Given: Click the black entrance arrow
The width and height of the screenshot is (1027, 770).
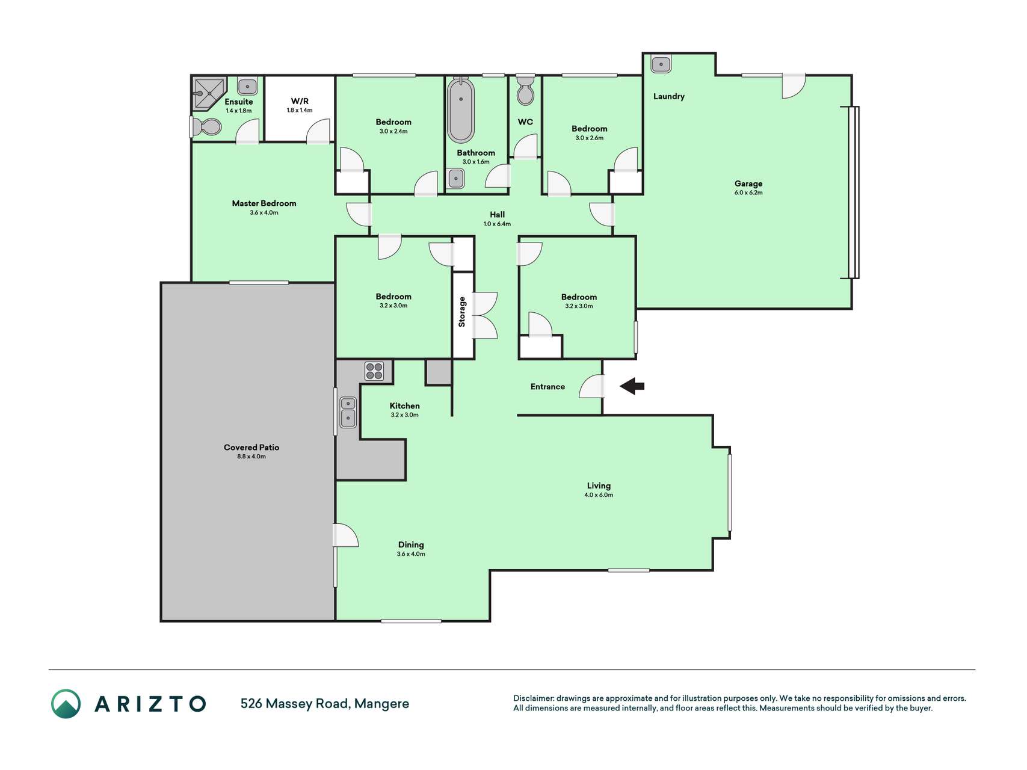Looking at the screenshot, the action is click(632, 386).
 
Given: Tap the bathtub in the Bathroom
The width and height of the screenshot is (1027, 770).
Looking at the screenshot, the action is click(461, 111).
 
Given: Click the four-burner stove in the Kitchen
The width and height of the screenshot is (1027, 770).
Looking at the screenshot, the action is click(374, 371).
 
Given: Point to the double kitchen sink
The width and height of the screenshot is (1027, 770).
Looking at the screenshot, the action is click(348, 412).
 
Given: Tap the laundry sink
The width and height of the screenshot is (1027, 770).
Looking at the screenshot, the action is click(661, 64).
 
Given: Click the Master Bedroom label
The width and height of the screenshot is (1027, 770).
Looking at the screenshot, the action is click(264, 203).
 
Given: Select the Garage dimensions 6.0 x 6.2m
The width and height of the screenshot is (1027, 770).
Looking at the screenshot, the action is click(748, 193).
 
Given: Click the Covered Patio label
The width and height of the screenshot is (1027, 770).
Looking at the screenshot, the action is click(251, 448).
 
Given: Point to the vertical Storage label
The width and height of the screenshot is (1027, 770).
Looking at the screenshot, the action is click(462, 312).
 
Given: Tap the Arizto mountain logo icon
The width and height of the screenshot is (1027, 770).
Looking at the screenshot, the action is click(66, 704).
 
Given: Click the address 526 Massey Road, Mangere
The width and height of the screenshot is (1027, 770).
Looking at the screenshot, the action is click(325, 704).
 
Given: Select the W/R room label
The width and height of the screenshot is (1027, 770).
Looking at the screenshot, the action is click(300, 101).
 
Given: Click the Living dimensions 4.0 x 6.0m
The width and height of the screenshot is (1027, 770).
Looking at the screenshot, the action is click(599, 495).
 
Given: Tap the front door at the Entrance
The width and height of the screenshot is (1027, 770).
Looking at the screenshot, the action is click(592, 386).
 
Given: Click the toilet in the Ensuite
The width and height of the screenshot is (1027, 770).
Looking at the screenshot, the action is click(206, 126).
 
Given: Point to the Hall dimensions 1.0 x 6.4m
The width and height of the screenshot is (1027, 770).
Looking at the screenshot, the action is click(497, 224).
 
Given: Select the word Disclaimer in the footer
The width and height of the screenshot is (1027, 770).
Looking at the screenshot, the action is click(533, 698).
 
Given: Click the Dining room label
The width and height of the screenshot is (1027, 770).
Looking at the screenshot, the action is click(411, 545).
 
